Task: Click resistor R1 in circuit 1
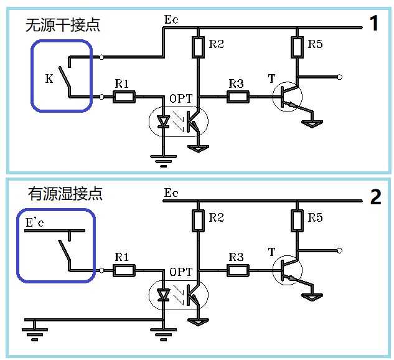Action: pos(124,97)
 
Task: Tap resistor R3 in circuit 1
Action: pos(238,97)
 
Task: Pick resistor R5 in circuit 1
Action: pos(297,46)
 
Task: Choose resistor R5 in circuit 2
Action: pos(297,219)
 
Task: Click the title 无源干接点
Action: pos(62,26)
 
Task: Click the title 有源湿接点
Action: pos(65,194)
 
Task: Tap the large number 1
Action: pos(374,24)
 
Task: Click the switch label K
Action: pos(49,78)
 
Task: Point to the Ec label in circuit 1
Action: pos(171,20)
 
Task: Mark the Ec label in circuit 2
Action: pos(171,193)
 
